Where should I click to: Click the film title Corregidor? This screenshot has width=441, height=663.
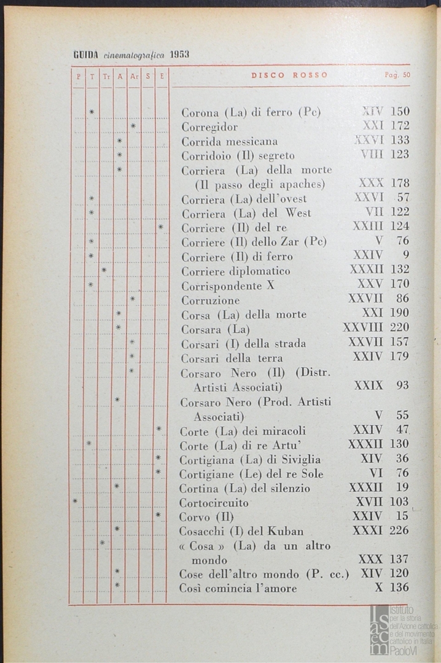(x=209, y=127)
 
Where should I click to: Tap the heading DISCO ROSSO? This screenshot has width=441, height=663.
(x=289, y=76)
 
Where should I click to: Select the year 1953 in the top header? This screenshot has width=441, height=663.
(x=179, y=54)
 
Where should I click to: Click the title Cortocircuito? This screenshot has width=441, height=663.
(x=214, y=503)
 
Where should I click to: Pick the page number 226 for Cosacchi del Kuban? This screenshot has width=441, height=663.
(x=399, y=530)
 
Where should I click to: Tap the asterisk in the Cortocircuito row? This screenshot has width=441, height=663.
(x=75, y=501)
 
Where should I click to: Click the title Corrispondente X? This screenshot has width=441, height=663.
(x=227, y=285)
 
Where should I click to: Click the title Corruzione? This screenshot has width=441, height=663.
(x=210, y=300)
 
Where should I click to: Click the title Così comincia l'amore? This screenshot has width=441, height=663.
(x=238, y=588)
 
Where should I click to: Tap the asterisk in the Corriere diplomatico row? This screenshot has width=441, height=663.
(x=104, y=269)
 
